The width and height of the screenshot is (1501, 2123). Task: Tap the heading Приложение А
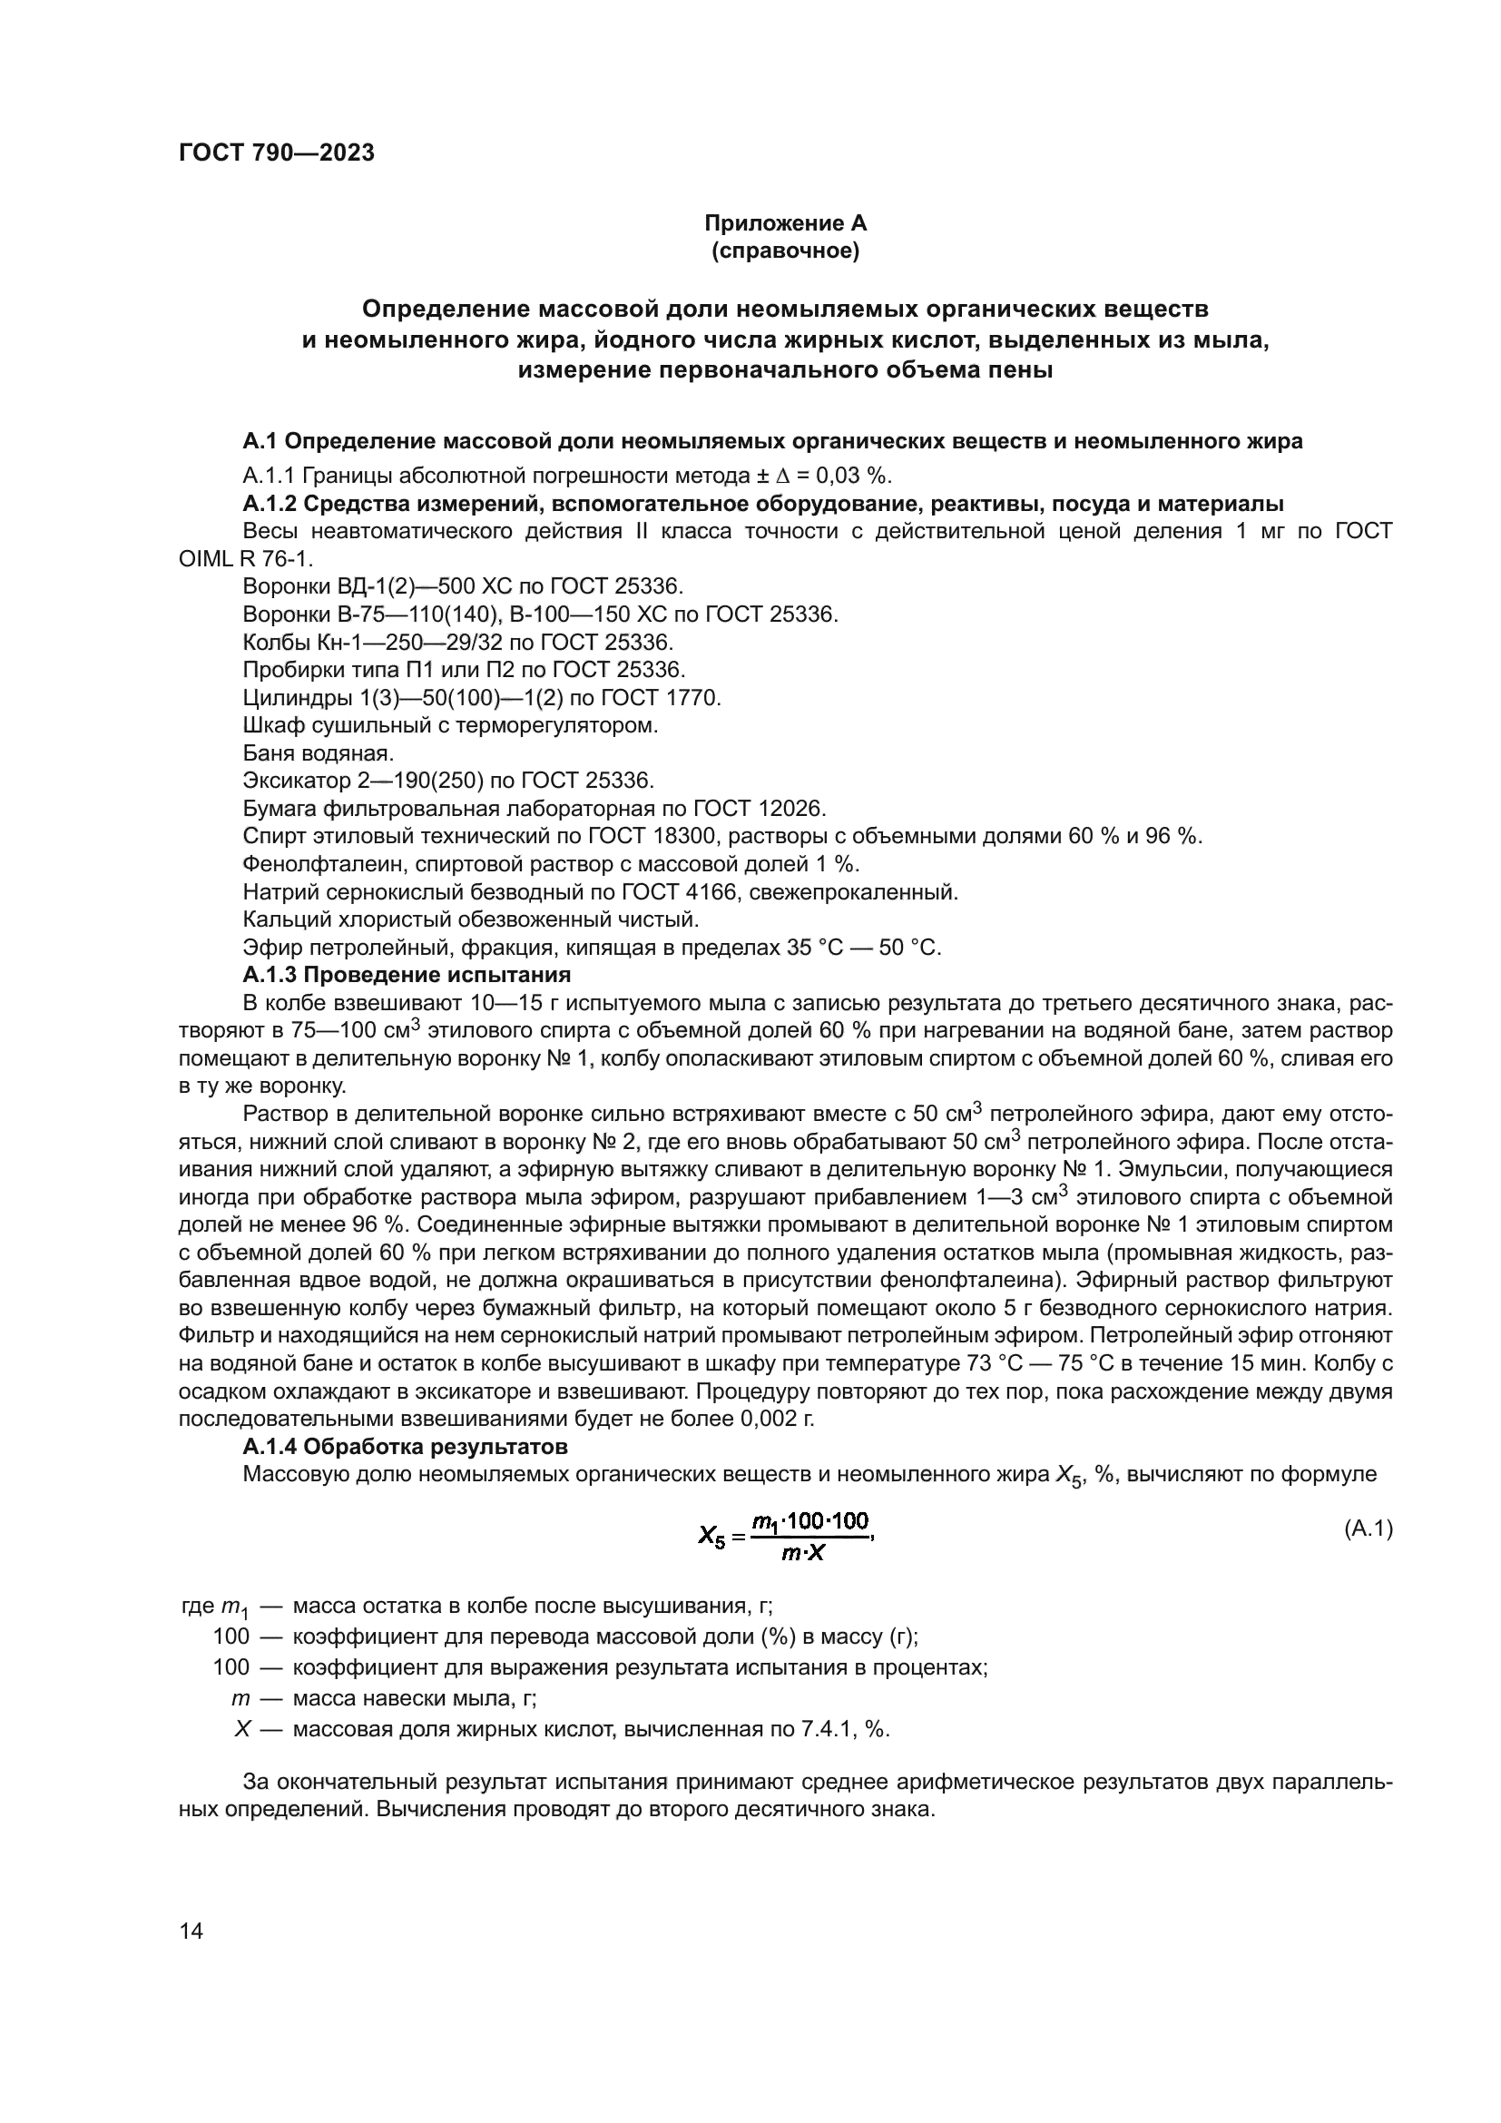[x=785, y=223]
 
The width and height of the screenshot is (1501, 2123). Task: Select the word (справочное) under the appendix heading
[x=785, y=251]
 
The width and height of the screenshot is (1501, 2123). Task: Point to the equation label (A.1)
[x=1367, y=1529]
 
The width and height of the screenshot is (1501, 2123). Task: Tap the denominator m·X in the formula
[x=802, y=1553]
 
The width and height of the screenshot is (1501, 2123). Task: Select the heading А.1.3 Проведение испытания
[x=407, y=975]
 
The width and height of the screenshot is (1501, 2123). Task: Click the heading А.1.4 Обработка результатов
[x=405, y=1445]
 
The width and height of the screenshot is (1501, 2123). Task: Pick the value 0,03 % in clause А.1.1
[x=857, y=476]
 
